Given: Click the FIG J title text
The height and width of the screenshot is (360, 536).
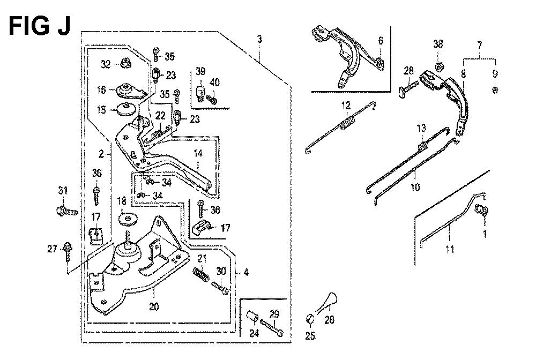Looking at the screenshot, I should (x=40, y=26).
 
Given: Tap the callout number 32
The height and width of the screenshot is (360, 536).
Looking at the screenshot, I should (x=106, y=65).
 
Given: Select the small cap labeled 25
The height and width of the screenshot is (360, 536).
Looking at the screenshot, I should (x=310, y=319).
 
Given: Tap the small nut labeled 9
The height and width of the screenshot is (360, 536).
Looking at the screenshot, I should (x=495, y=88).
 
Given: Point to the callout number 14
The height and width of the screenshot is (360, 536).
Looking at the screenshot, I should (x=198, y=154).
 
